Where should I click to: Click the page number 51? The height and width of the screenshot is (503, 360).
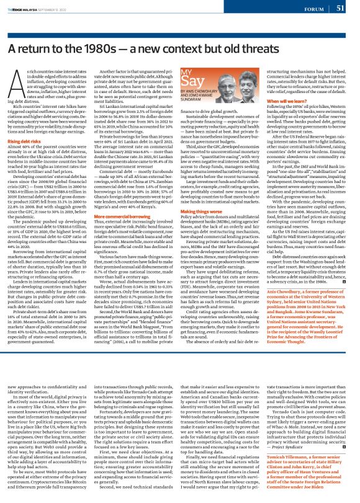click(x=340, y=8)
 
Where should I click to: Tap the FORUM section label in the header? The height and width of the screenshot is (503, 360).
click(x=313, y=9)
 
